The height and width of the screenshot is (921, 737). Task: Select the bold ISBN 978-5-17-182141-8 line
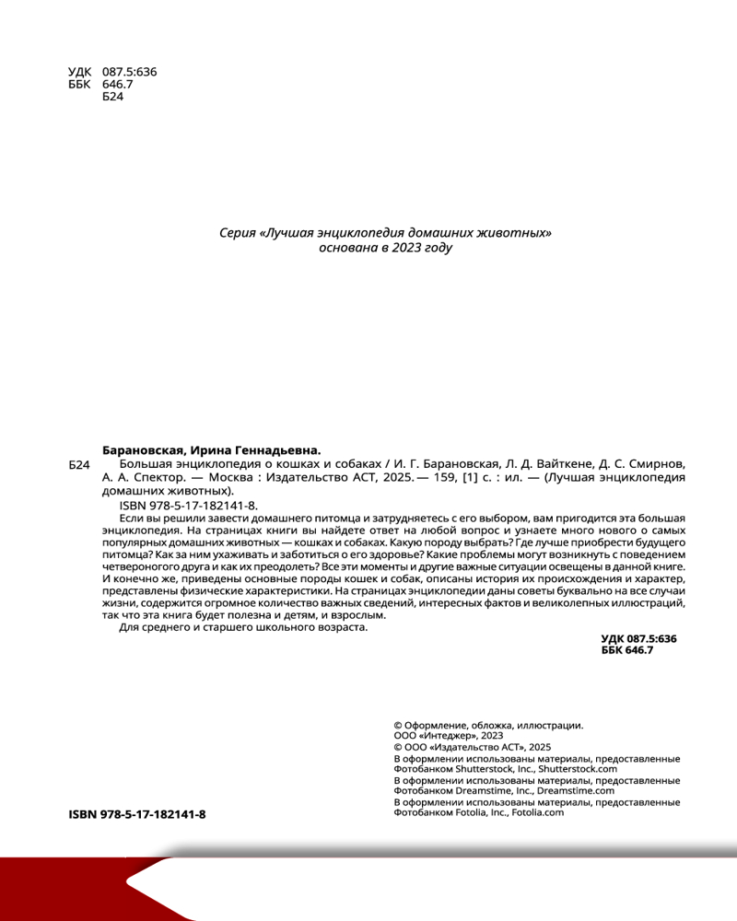coord(137,815)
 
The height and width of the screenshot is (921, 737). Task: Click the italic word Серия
coord(237,233)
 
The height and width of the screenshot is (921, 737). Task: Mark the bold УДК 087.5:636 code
coord(638,638)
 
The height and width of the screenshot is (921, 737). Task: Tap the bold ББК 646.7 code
coord(626,650)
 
